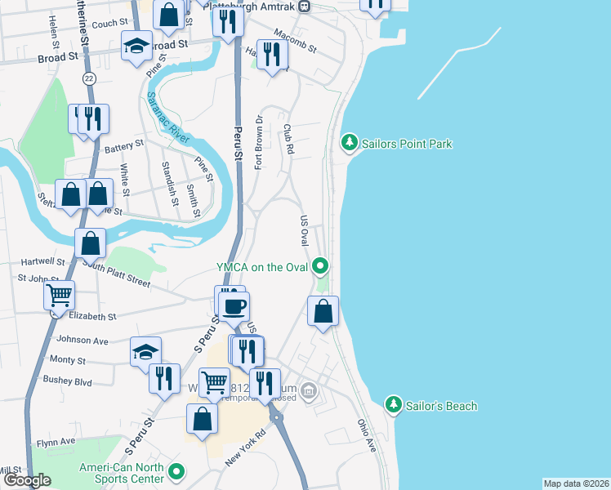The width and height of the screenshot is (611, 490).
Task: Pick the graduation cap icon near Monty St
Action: (146, 352)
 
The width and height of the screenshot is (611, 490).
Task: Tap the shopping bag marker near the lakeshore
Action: (323, 310)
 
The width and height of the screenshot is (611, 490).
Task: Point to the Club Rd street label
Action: (288, 140)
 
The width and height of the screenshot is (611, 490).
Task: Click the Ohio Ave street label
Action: (365, 437)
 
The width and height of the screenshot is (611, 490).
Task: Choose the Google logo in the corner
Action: (27, 480)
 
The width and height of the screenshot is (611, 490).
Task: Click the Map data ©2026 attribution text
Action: (575, 483)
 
